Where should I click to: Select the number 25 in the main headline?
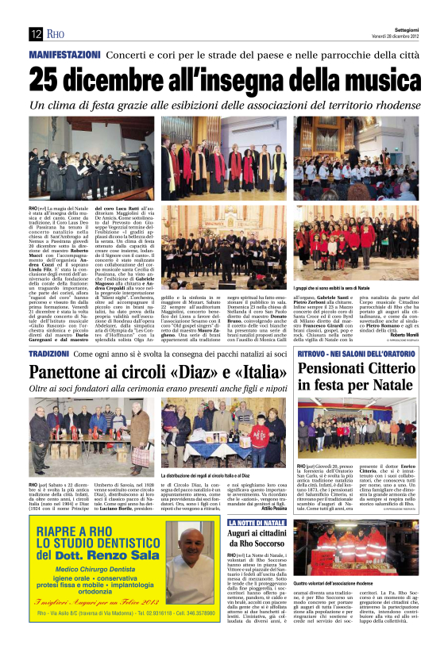coord(47,79)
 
